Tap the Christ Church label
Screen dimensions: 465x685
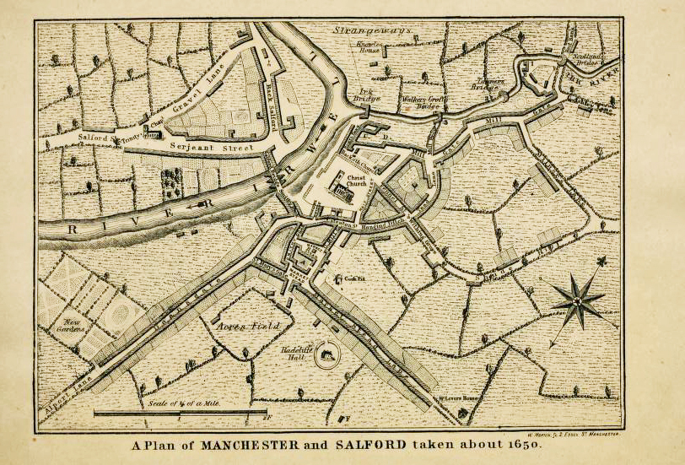pos(353,181)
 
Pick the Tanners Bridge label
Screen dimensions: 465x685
pos(487,84)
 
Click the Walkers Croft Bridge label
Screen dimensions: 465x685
pos(422,103)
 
